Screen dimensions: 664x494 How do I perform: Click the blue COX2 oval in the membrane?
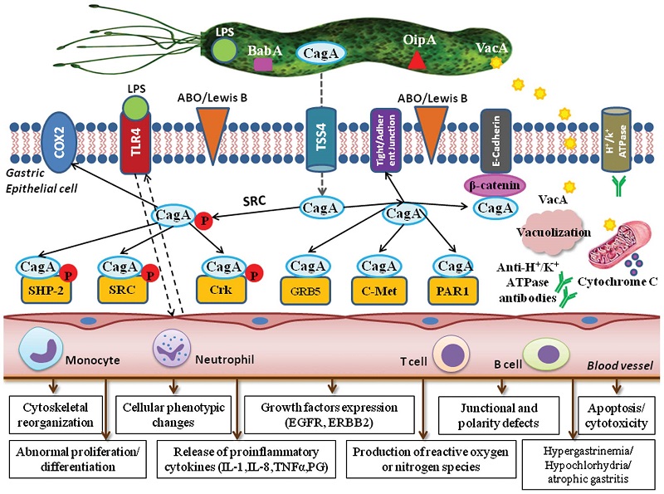point(58,142)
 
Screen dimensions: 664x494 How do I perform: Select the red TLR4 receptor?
point(135,143)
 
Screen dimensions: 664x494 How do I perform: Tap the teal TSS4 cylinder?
point(321,139)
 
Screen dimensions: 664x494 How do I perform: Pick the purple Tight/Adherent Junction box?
point(385,140)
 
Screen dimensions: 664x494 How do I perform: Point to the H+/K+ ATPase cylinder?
point(617,140)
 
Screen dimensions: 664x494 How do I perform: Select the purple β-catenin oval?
point(495,186)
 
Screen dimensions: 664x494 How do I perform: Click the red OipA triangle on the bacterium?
point(417,60)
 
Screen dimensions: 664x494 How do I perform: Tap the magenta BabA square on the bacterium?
point(262,64)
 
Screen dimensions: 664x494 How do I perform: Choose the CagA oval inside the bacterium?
point(320,53)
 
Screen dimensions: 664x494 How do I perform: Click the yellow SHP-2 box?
point(46,290)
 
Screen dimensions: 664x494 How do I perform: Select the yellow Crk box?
point(221,290)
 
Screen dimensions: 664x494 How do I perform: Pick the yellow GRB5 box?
point(305,291)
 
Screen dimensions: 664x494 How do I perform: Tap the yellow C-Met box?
point(379,291)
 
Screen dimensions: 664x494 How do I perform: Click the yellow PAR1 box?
point(453,291)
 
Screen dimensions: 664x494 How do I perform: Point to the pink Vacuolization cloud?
point(552,232)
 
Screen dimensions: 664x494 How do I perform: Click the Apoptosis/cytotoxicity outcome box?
point(616,416)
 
